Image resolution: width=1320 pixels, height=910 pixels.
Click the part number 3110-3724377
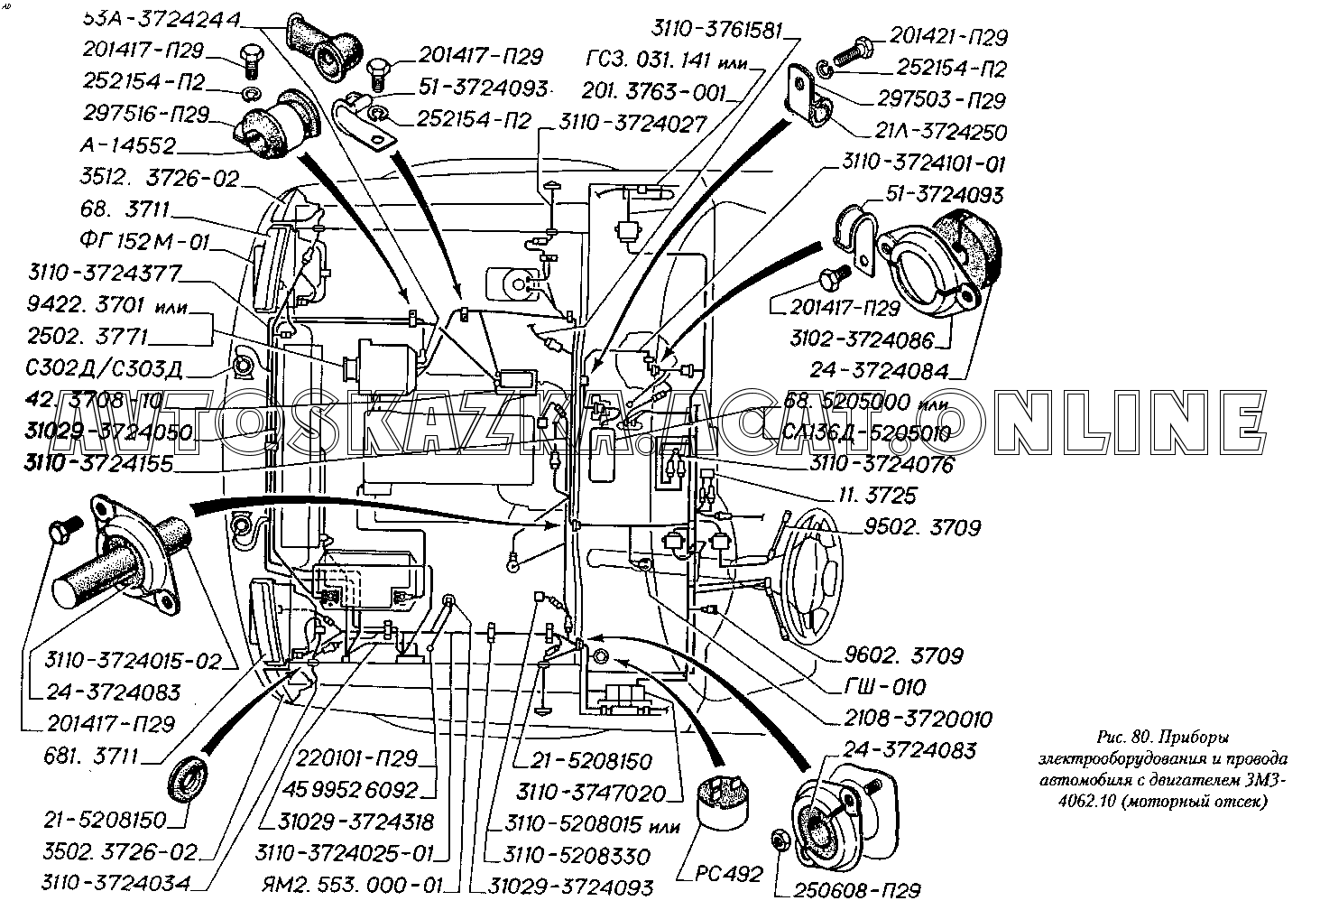[x=104, y=273]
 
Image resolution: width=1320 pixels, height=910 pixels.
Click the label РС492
[x=729, y=873]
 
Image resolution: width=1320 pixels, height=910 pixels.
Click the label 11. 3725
[x=877, y=495]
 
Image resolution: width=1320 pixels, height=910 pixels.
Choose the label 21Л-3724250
[x=941, y=132]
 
